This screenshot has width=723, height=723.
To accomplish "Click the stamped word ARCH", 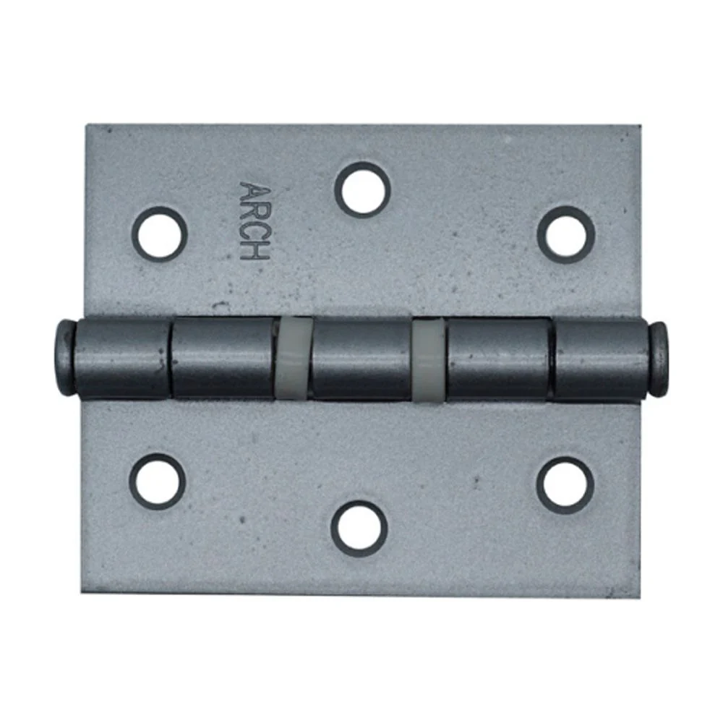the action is (x=254, y=221).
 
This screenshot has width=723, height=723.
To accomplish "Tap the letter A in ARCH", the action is (x=254, y=191).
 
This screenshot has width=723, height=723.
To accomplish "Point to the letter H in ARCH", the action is (x=254, y=252).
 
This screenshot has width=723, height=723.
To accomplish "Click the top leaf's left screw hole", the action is (x=159, y=234).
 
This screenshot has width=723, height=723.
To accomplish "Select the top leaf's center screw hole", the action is (x=362, y=189).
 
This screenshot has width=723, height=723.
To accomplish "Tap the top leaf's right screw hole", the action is (x=566, y=234).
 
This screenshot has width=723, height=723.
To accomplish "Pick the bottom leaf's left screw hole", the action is (x=157, y=481).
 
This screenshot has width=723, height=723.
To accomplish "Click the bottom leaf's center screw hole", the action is (x=359, y=528).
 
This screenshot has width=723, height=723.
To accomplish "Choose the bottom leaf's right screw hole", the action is (x=565, y=484).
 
